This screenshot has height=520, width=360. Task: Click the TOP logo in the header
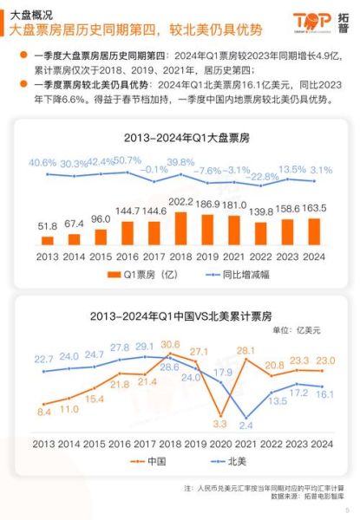click(x=311, y=20)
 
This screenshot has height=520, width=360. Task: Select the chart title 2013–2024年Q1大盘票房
click(x=180, y=136)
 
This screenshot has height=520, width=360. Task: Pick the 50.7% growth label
click(x=127, y=160)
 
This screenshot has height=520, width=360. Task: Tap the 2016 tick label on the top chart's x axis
click(x=127, y=257)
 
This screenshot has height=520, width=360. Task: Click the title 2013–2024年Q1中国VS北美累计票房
click(x=180, y=315)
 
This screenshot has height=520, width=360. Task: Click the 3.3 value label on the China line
click(x=219, y=425)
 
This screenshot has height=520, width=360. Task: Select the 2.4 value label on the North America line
click(x=246, y=426)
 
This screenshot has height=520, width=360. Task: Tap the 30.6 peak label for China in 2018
click(x=170, y=344)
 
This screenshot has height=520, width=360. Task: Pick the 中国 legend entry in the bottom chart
click(x=155, y=461)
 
